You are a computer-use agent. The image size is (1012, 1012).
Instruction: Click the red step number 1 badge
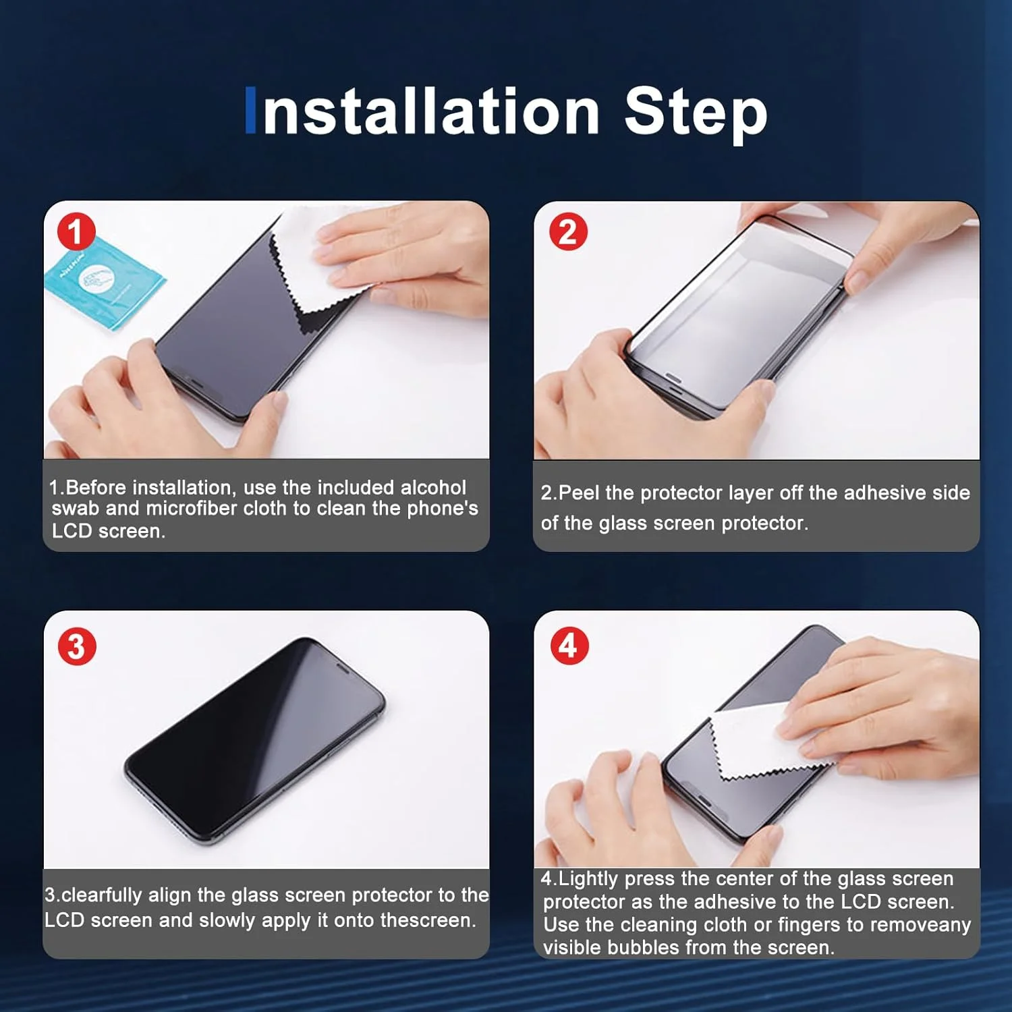[76, 232]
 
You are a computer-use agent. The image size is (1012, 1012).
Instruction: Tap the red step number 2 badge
[568, 232]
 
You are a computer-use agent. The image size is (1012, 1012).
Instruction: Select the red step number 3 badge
[77, 646]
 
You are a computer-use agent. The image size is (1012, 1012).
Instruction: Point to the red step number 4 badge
[569, 646]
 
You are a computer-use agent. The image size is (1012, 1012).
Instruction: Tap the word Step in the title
[696, 113]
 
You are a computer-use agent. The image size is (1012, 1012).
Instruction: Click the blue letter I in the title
[250, 110]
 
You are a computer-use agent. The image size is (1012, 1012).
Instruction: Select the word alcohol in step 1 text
[433, 487]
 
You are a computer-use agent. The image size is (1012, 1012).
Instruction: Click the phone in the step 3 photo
[254, 741]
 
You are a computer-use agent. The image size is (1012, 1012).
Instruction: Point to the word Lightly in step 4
[588, 879]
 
